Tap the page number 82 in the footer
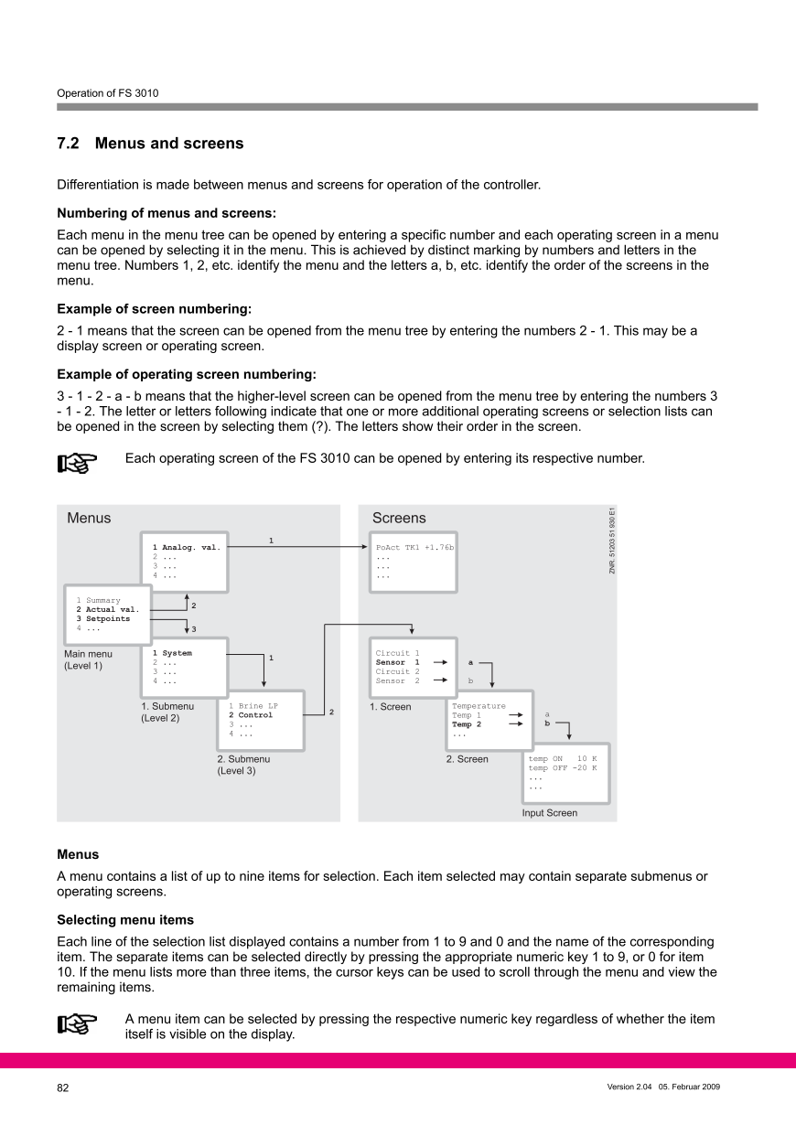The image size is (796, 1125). (x=63, y=1088)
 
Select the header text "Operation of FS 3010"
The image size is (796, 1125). (x=108, y=92)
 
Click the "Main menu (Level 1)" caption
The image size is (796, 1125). (x=88, y=659)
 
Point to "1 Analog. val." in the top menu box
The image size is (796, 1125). (x=187, y=547)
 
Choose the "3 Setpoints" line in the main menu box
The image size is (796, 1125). (x=102, y=618)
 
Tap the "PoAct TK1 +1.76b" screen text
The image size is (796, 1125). (x=414, y=547)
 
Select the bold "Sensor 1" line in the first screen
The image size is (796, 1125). (x=398, y=662)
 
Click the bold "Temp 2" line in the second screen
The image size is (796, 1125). (x=467, y=724)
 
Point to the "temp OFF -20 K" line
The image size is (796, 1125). (x=562, y=768)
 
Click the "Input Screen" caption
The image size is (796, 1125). (x=549, y=812)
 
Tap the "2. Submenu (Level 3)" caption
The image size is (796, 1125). (x=243, y=765)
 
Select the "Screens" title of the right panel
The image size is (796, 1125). (x=399, y=519)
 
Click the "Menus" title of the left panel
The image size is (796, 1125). (x=89, y=519)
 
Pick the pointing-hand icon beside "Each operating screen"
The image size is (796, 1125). (x=79, y=464)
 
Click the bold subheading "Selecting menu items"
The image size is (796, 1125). (x=125, y=918)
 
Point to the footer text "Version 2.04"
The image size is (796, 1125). (x=629, y=1087)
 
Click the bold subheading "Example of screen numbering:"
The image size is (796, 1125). (x=154, y=309)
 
